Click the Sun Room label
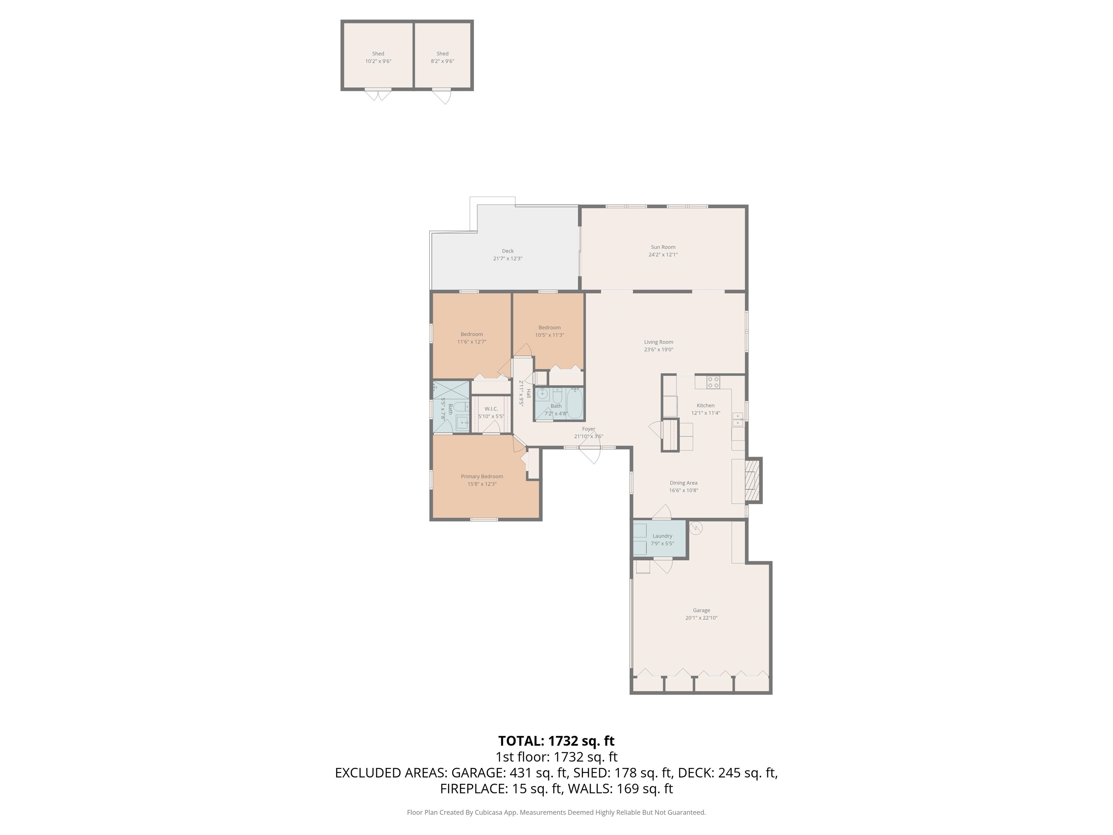(x=663, y=247)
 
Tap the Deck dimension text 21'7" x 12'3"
(x=508, y=259)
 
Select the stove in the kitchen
(x=713, y=382)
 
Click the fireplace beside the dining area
(x=753, y=480)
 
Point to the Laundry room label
(x=662, y=536)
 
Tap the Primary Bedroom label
(x=482, y=476)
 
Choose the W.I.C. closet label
(x=491, y=409)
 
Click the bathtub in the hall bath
(x=575, y=403)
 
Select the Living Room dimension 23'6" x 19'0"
(x=658, y=349)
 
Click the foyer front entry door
(x=590, y=454)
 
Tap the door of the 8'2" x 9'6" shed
(x=441, y=96)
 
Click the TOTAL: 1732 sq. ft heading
(x=556, y=741)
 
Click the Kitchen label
(x=705, y=405)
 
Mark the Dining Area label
(x=683, y=483)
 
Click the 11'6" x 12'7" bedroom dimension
(x=471, y=342)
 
